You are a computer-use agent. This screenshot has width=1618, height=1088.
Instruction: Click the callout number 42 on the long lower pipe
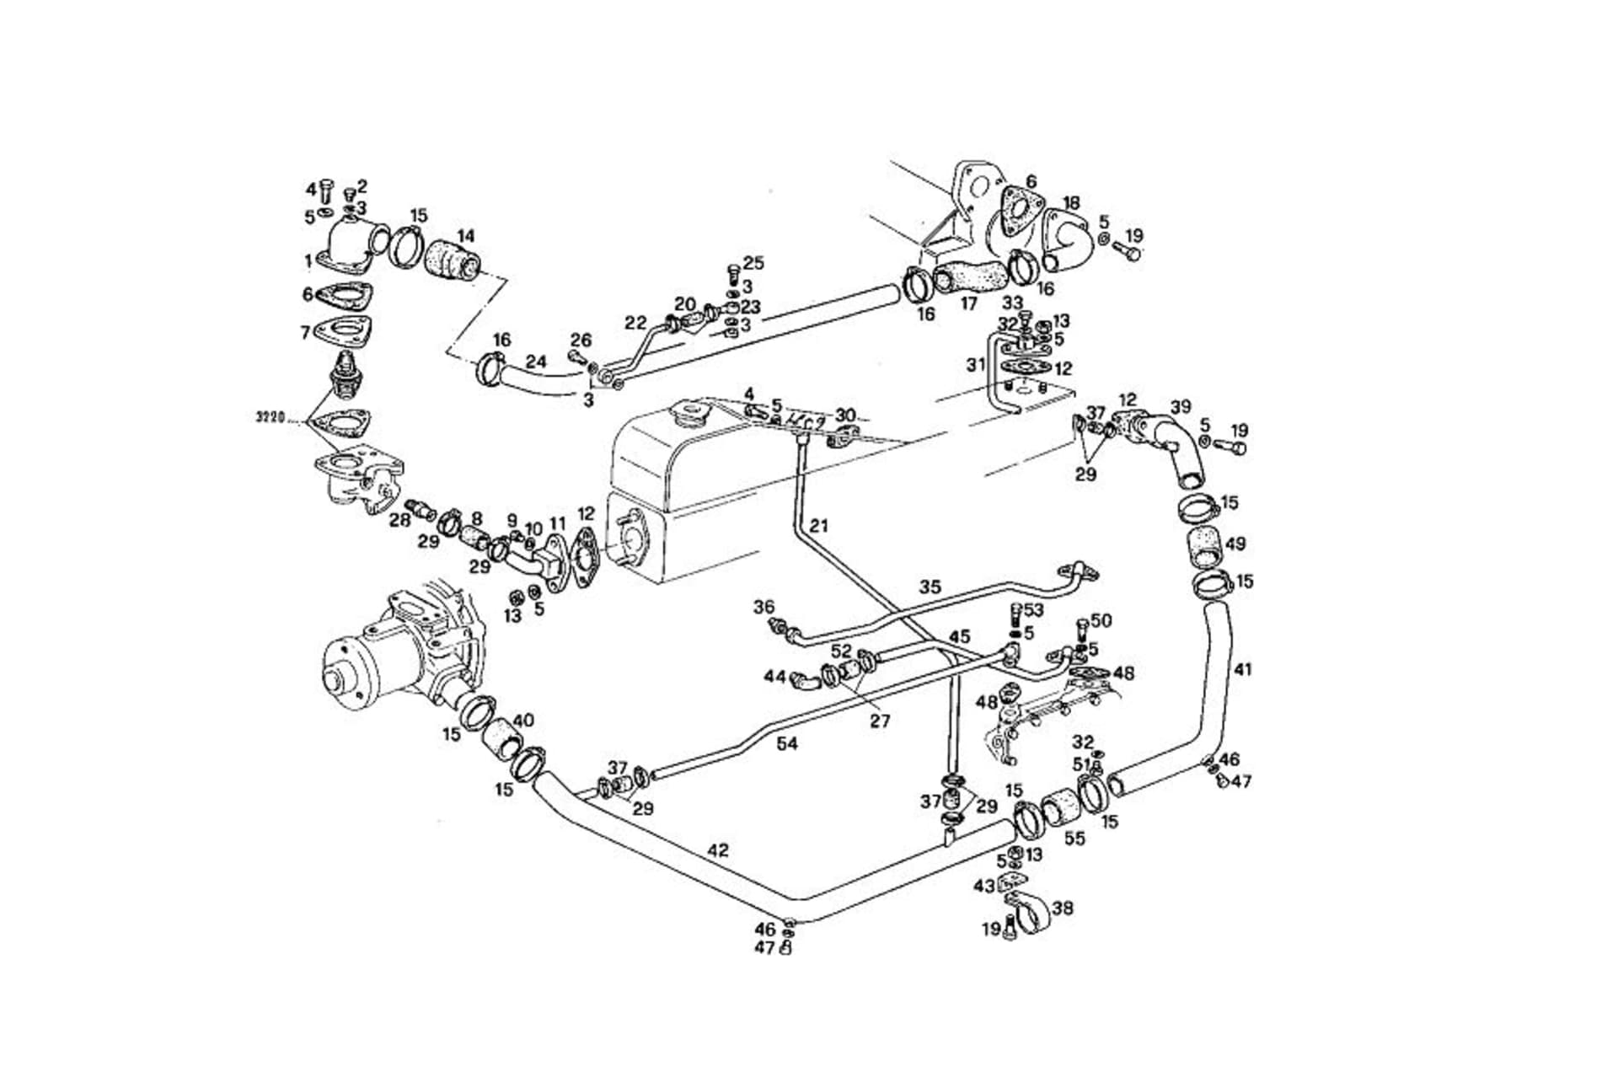pos(717,850)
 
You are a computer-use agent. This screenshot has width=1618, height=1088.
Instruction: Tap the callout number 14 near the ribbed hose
pos(465,236)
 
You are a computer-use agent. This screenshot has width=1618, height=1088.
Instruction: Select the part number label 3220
pos(271,416)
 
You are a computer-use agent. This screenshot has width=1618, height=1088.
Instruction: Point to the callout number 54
pos(787,743)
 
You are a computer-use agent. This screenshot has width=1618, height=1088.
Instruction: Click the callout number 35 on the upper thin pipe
pos(930,587)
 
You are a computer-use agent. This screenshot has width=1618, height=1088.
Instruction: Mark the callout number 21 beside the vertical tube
pos(818,526)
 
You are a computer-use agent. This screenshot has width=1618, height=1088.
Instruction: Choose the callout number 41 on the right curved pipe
pos(1243,670)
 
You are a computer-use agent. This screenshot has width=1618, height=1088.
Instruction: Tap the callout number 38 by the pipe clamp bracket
pos(1063,908)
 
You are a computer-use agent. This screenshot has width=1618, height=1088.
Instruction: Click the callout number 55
pos(1074,839)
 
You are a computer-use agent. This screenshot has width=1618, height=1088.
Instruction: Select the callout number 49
pos(1235,544)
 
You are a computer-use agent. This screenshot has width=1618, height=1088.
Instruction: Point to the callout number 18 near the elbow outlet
pos(1071,203)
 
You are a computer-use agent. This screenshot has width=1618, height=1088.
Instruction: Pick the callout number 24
pos(536,362)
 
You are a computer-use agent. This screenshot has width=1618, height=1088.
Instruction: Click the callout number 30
pos(845,415)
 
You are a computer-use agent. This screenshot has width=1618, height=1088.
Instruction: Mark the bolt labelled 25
pos(731,272)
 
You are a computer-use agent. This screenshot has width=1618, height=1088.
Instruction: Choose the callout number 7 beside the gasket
pos(305,333)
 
